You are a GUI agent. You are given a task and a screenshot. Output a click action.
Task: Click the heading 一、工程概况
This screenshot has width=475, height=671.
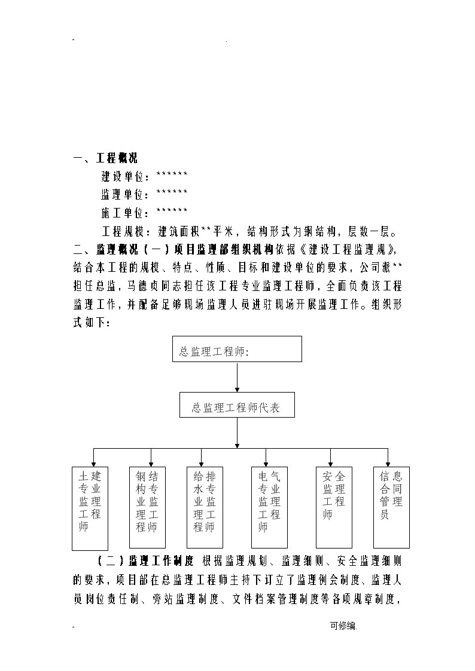click(x=105, y=158)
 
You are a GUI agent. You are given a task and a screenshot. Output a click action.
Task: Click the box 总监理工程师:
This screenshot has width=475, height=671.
click(x=237, y=349)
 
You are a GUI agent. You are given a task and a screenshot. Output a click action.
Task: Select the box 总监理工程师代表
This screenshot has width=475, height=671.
click(x=237, y=405)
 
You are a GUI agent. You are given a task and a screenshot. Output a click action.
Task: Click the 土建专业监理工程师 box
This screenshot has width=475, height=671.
click(x=90, y=508)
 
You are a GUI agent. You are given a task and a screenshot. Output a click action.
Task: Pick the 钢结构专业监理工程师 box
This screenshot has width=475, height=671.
click(x=147, y=507)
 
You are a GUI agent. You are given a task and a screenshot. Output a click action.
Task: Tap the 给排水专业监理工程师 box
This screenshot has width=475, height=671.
click(x=205, y=507)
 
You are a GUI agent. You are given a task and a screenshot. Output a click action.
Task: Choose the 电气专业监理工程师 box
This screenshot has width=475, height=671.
click(x=269, y=507)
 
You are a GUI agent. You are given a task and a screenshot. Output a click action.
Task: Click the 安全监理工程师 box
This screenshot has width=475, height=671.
click(x=334, y=507)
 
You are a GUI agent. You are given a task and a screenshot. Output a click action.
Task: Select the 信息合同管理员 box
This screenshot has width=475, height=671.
click(x=391, y=507)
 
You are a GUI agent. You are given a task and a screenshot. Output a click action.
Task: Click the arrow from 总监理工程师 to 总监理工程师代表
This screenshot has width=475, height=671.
click(x=237, y=377)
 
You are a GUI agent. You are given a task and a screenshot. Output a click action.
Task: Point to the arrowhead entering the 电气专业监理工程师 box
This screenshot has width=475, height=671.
click(x=266, y=464)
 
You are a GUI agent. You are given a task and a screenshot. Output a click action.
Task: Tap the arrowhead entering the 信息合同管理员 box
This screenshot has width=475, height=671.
click(x=388, y=464)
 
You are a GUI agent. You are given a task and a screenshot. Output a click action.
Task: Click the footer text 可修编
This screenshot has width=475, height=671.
click(x=343, y=626)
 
